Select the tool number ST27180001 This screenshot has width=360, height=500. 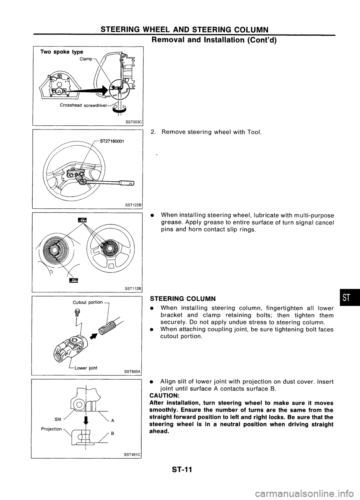[112, 142]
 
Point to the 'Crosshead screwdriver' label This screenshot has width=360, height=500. [83, 105]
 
